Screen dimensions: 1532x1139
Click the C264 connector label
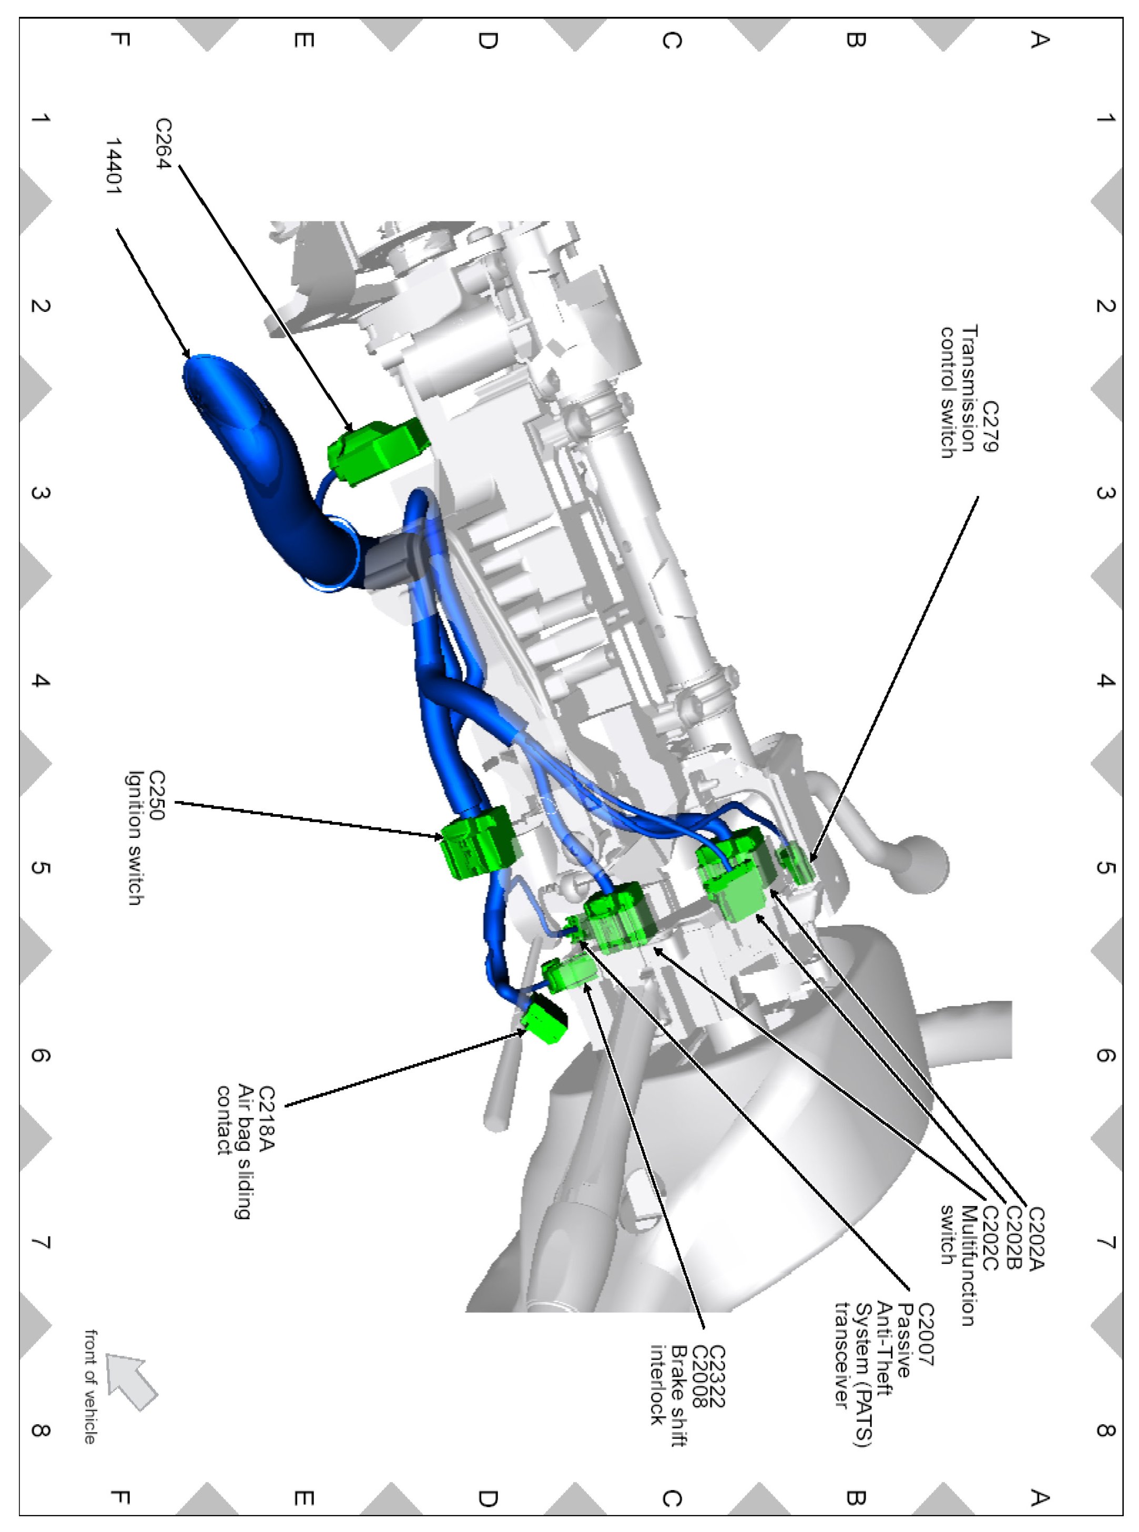coord(164,144)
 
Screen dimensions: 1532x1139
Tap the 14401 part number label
coord(114,166)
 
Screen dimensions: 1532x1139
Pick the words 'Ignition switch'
coord(135,838)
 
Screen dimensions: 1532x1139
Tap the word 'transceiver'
coord(841,1355)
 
